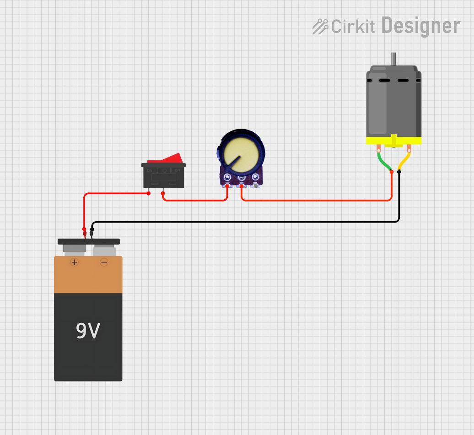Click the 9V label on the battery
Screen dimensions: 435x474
tap(88, 331)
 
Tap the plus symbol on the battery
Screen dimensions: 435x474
tap(74, 262)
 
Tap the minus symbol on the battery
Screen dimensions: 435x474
tap(104, 262)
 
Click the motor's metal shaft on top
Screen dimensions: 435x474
tap(393, 59)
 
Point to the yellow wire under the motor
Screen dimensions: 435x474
tap(404, 162)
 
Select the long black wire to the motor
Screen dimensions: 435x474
tap(247, 222)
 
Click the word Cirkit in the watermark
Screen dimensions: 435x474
tap(353, 27)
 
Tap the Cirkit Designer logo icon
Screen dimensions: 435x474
tap(320, 27)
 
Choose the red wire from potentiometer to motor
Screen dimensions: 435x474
tap(316, 200)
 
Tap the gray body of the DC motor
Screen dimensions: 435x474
tap(393, 103)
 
